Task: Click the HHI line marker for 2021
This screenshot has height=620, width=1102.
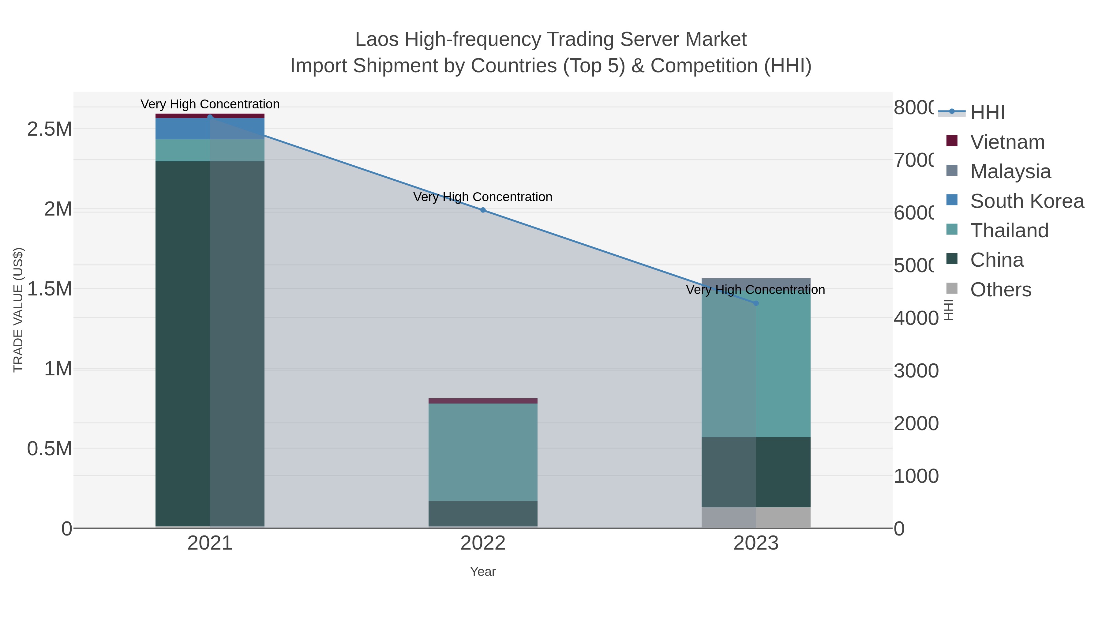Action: coord(210,117)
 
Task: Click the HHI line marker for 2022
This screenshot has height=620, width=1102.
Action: coord(483,210)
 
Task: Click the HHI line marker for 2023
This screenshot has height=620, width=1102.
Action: coord(756,303)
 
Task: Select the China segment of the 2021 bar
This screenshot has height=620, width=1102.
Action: coord(210,342)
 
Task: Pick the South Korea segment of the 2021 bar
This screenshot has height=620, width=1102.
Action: coord(210,129)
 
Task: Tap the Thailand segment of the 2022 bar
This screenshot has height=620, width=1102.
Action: coord(483,452)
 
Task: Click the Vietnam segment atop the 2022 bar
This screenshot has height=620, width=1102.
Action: coord(483,401)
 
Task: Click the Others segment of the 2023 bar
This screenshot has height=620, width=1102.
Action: coord(756,517)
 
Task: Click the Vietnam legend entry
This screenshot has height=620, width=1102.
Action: coord(1007,142)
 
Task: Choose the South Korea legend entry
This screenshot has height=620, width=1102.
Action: coord(1027,201)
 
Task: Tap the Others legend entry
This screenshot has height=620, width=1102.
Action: coord(1000,290)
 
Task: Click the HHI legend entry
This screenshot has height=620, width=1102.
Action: coord(987,113)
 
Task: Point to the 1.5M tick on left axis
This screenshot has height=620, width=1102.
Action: coord(50,289)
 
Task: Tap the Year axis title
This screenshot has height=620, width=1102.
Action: coord(483,572)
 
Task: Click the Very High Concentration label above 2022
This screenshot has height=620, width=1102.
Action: coord(483,197)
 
